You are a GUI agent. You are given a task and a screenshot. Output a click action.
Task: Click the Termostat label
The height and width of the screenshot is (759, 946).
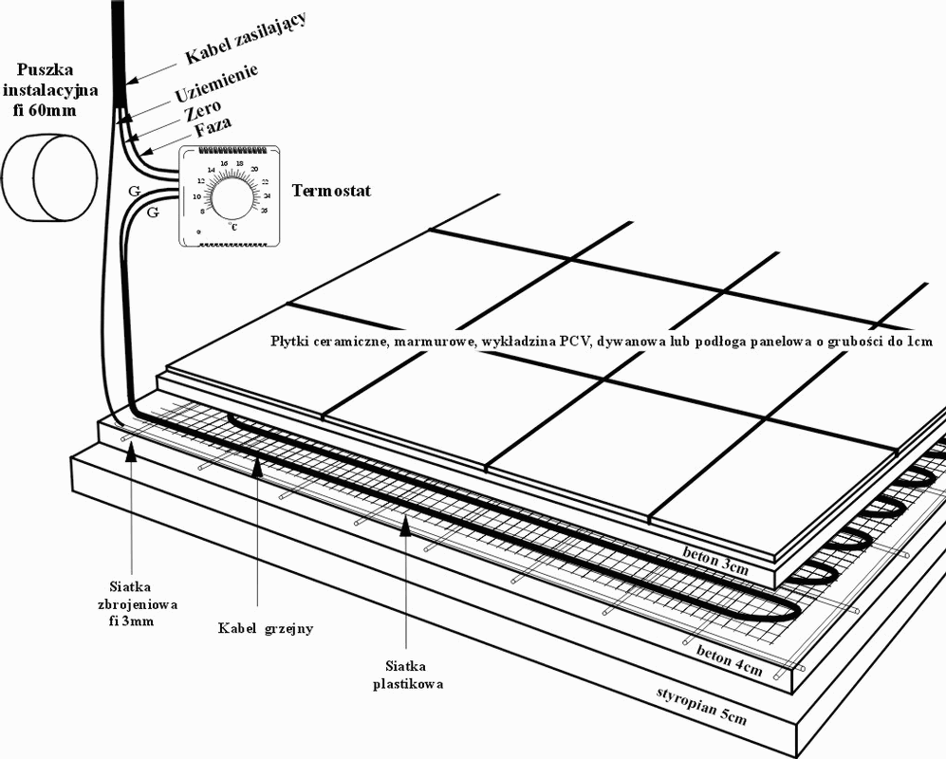pos(331,192)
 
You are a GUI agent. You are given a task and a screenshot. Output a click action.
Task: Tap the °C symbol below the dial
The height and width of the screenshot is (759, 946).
pos(233,227)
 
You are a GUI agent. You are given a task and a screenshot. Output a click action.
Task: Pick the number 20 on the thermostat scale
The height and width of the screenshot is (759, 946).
pos(255,169)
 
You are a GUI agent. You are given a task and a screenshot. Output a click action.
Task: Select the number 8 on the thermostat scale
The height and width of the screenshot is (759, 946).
pos(201,211)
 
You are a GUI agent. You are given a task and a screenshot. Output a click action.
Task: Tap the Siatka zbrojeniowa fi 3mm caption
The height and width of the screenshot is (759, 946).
pos(132,603)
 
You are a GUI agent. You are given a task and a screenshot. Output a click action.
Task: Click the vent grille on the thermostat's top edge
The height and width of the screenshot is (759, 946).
pos(229,151)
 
